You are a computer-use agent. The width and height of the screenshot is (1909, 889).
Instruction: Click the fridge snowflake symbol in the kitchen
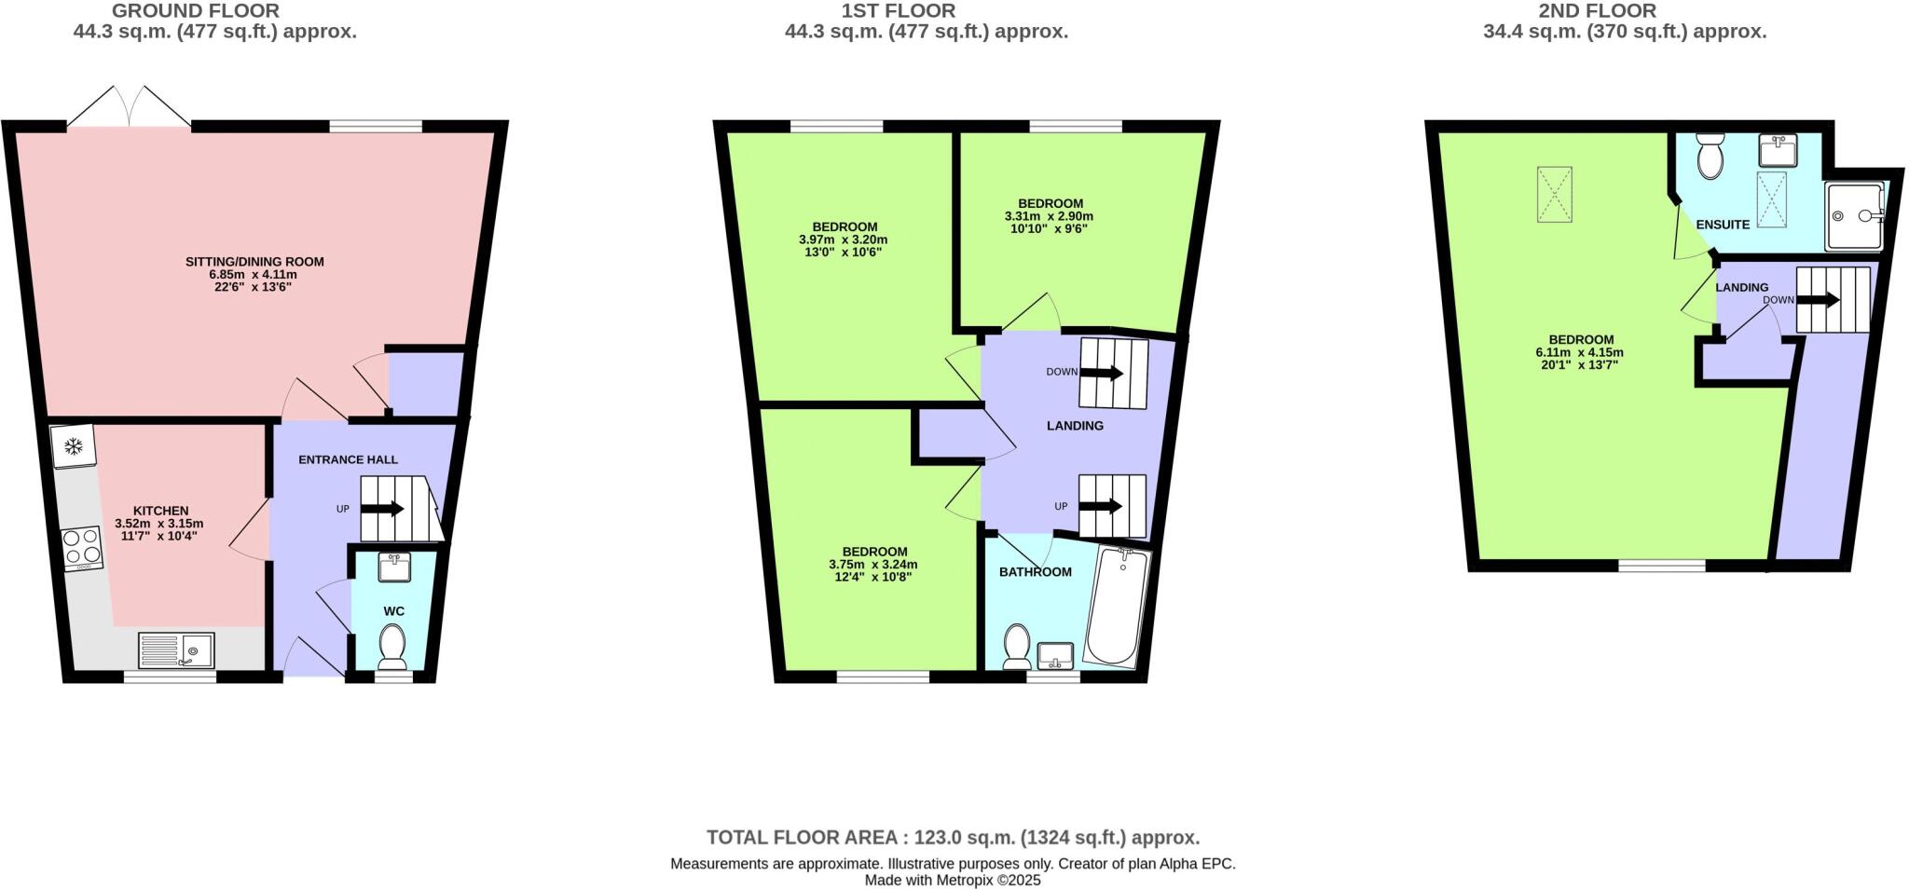point(73,447)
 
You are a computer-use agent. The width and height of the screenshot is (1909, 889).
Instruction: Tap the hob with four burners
point(82,548)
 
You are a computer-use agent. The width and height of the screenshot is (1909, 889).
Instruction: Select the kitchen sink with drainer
point(176,650)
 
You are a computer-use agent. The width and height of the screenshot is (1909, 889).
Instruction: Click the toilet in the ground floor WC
point(392,645)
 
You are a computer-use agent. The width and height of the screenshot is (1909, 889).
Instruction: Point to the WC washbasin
point(395,567)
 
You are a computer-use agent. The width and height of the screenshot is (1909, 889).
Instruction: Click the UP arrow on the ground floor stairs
point(381,509)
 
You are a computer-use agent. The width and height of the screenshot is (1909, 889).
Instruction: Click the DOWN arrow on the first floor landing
point(1101,373)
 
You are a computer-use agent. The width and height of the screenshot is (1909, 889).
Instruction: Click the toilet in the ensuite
point(1710,156)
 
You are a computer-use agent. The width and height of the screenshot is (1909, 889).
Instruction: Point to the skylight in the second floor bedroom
point(1554,195)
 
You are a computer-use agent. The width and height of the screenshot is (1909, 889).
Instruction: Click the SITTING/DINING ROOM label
point(254,262)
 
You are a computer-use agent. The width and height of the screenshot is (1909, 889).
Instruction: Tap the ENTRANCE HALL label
point(348,459)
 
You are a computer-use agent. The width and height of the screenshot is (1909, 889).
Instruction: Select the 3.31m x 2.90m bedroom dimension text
point(1049,216)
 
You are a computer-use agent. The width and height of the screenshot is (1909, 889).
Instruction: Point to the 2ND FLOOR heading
point(1624,11)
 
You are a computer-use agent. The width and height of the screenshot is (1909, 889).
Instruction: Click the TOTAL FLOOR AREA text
point(953,837)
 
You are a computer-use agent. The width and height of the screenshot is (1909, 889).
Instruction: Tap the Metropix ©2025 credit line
point(953,880)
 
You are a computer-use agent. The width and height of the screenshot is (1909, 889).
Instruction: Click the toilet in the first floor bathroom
point(1016,645)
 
